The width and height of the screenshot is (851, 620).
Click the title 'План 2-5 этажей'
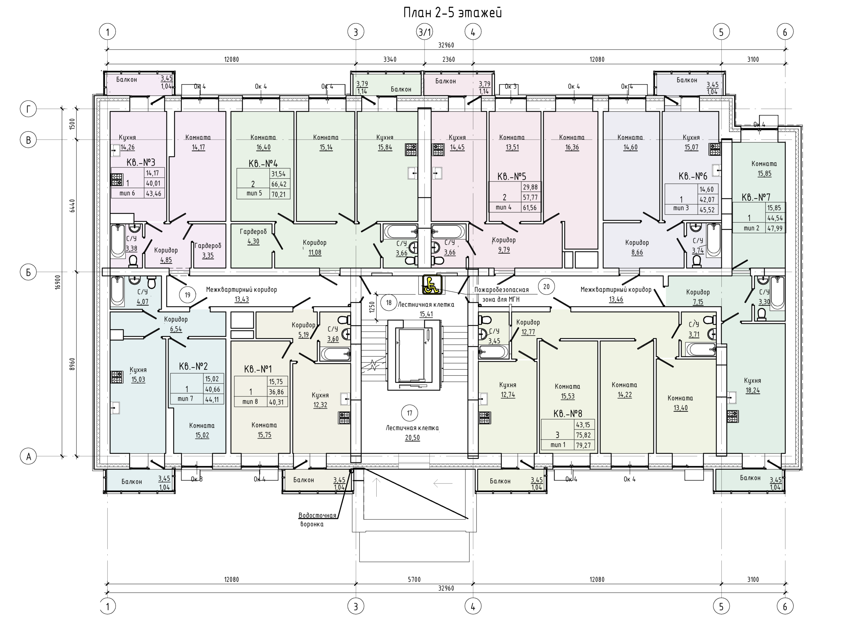click(452, 13)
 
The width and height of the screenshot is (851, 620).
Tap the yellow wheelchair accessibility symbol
click(432, 284)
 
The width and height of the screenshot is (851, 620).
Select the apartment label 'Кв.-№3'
click(141, 162)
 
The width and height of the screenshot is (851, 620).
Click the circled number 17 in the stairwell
click(410, 413)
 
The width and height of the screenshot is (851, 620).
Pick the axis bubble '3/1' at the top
click(425, 32)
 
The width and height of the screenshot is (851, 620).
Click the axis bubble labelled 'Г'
click(28, 109)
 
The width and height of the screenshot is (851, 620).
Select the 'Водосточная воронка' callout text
click(317, 519)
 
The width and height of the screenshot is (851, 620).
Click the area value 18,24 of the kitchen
click(753, 390)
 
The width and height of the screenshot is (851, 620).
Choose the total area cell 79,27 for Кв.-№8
click(583, 445)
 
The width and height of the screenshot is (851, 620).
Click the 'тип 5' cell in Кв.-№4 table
click(254, 193)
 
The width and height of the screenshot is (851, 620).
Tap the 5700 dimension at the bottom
click(415, 579)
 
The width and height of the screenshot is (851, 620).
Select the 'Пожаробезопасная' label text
click(502, 290)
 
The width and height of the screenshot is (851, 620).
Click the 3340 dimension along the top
click(390, 59)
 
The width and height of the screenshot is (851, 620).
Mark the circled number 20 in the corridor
click(546, 287)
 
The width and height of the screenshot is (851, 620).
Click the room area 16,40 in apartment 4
click(264, 148)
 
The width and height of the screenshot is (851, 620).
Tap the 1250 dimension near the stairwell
click(372, 307)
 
